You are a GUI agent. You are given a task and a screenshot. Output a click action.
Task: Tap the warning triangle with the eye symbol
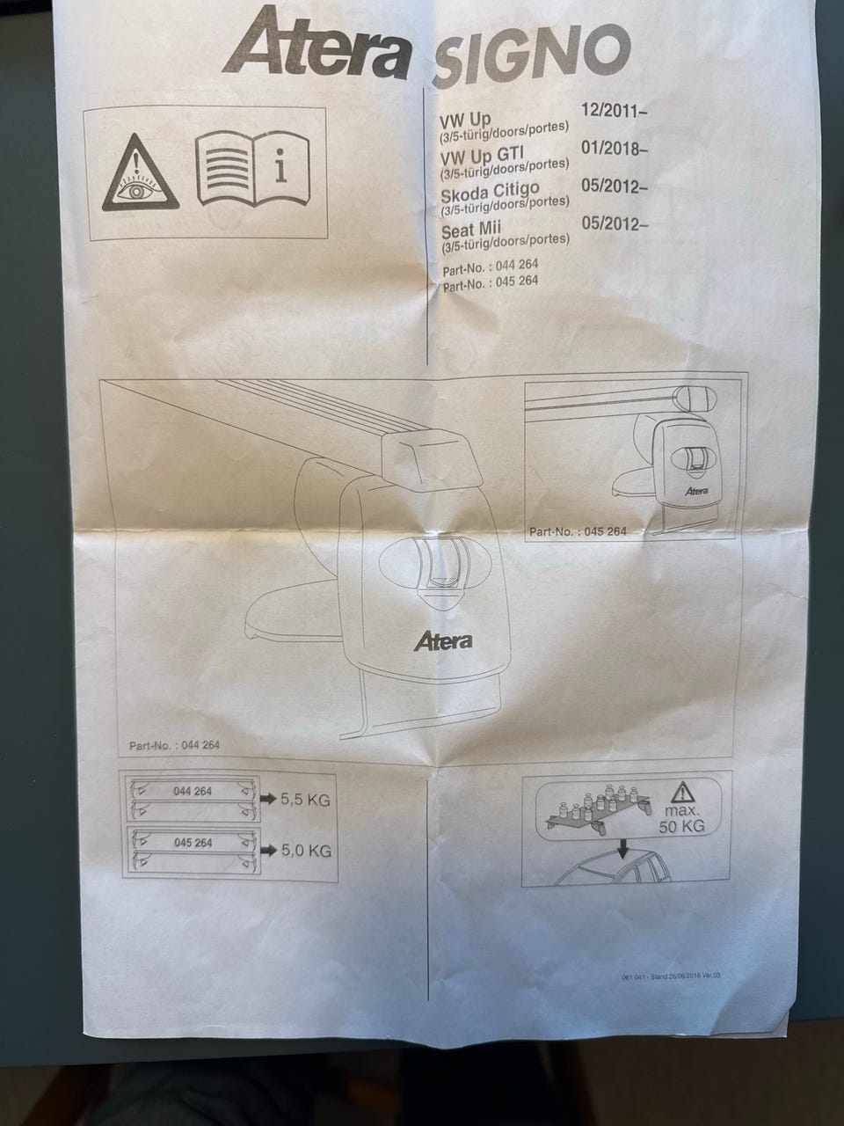click(x=140, y=174)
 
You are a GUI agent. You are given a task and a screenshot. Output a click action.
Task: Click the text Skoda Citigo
click(x=490, y=190)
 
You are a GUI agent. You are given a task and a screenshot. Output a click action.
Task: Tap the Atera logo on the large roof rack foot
click(x=442, y=640)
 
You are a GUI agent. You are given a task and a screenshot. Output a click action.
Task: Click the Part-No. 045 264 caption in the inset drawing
click(x=578, y=531)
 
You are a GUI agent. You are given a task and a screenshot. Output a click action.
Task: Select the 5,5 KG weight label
click(x=305, y=801)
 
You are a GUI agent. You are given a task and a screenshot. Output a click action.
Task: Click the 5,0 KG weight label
click(x=306, y=851)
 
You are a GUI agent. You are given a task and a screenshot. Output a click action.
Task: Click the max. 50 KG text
click(x=681, y=818)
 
